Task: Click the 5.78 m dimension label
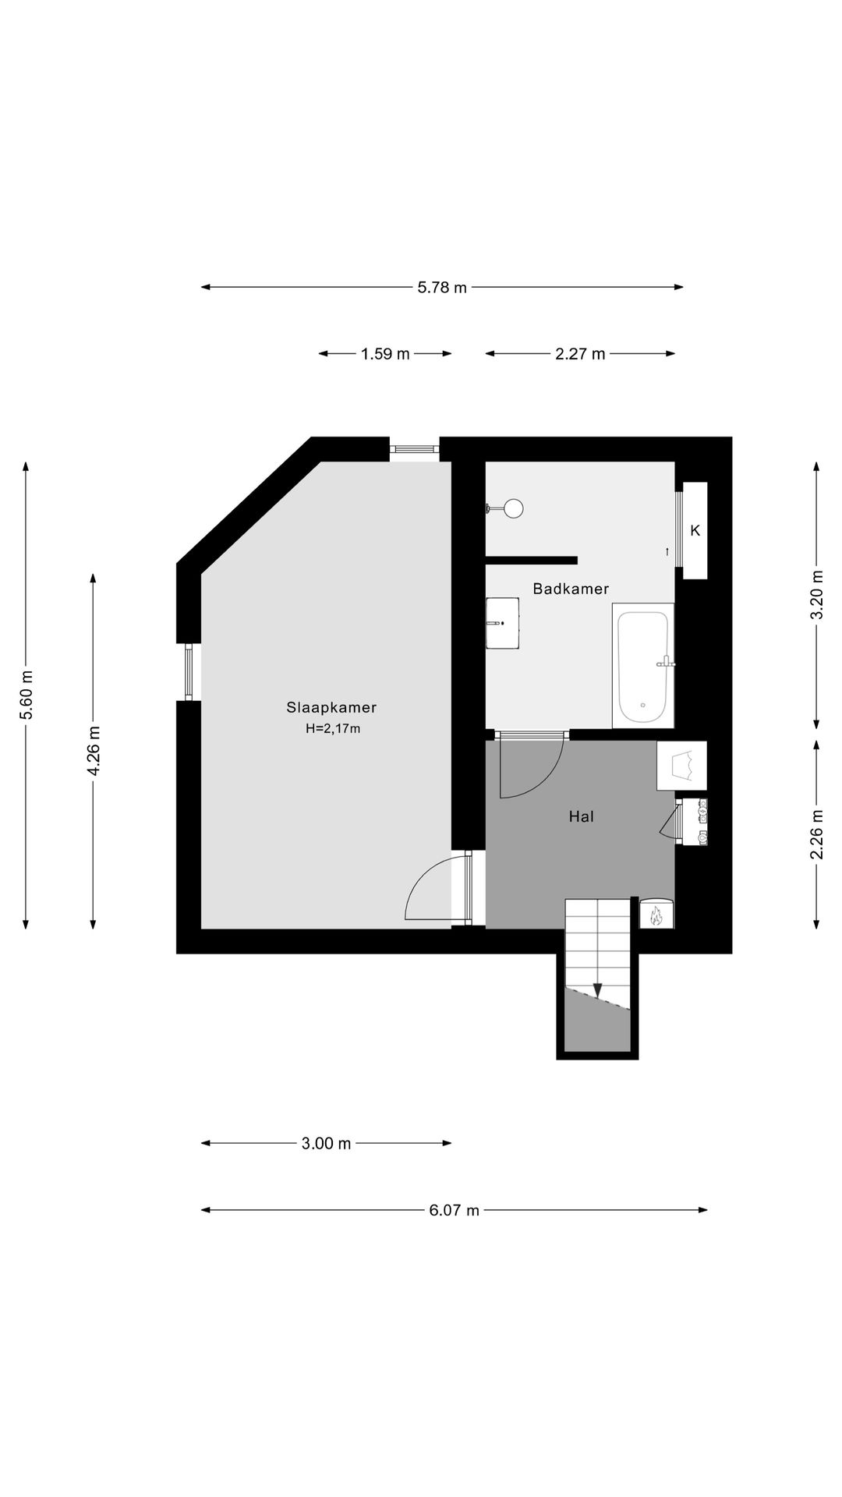click(442, 287)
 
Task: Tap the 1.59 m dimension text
click(385, 354)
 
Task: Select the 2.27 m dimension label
click(580, 354)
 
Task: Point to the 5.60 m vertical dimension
click(27, 695)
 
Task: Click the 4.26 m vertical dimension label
click(94, 751)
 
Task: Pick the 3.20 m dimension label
click(816, 595)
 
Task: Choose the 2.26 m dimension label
click(816, 834)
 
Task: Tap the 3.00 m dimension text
click(326, 1144)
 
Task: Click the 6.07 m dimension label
click(454, 1210)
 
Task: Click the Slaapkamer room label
click(331, 708)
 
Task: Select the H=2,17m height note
click(333, 729)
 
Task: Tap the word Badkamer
click(571, 589)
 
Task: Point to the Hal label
click(582, 816)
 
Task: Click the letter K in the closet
click(695, 530)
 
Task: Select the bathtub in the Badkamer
click(643, 666)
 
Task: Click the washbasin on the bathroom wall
click(503, 623)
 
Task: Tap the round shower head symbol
click(513, 508)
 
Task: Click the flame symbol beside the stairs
click(656, 915)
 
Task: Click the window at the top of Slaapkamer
click(414, 449)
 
